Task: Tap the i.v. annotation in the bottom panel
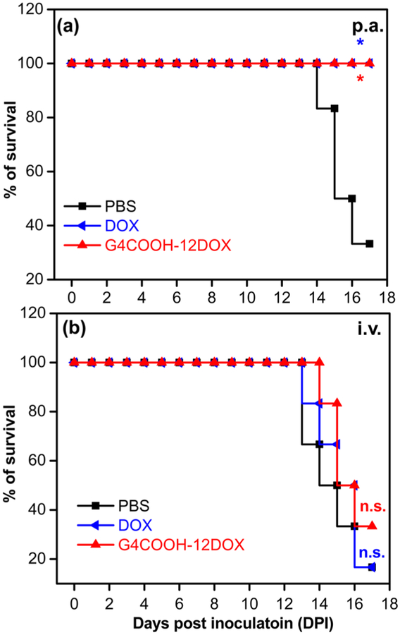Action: pos(368,329)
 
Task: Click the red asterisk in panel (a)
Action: pos(361,80)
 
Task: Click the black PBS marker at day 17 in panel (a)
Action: pos(369,243)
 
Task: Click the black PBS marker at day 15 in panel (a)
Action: pos(334,109)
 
